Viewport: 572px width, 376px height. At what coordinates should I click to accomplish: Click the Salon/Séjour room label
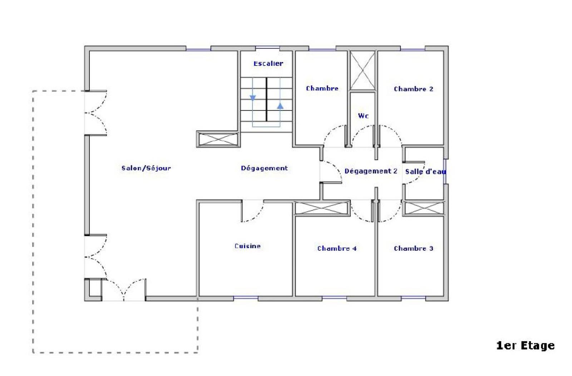point(146,168)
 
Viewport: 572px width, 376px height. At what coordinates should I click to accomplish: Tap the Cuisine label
point(247,246)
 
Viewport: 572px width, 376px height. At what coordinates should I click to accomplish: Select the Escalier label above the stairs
point(268,63)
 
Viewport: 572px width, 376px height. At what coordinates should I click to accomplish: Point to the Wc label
point(363,116)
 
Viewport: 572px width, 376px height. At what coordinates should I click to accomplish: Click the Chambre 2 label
point(413,89)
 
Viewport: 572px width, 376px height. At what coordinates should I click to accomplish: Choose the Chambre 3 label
point(413,249)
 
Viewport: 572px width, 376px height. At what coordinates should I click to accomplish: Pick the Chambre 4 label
point(337,249)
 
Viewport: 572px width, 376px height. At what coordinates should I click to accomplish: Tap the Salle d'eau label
point(425,172)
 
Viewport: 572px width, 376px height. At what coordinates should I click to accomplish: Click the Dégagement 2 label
point(371,171)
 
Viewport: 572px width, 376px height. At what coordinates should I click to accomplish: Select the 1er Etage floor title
point(526,346)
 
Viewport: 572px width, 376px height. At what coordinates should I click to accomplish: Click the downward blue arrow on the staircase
point(253,98)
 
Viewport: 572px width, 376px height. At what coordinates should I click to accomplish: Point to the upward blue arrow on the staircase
point(280,106)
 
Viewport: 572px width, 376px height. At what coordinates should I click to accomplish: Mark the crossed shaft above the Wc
point(363,70)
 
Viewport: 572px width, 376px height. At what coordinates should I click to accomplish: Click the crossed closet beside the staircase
point(218,139)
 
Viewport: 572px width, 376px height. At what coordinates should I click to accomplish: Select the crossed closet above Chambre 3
point(424,208)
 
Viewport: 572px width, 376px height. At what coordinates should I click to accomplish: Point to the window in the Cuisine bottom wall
point(246,298)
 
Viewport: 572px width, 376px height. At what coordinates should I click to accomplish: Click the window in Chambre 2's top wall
point(413,49)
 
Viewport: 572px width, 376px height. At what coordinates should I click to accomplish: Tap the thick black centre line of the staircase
point(267,100)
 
